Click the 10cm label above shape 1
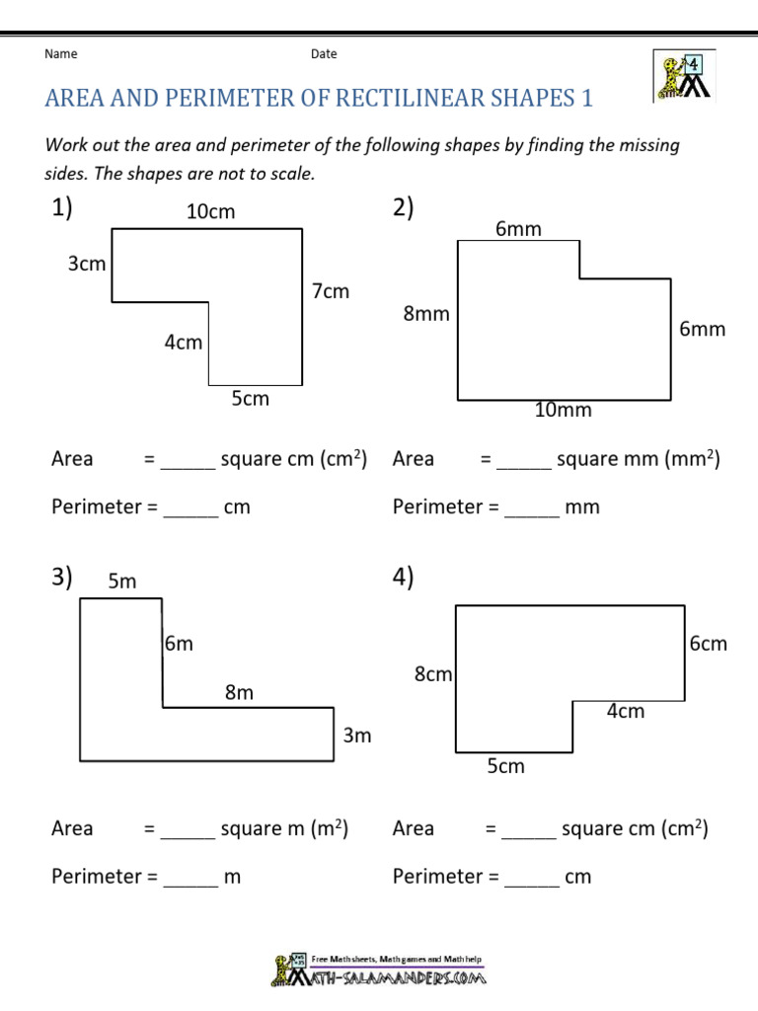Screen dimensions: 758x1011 211,211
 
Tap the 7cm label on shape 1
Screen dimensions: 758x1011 331,291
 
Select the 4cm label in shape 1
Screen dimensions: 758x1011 183,343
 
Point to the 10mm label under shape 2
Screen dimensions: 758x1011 563,411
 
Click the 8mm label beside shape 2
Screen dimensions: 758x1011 425,314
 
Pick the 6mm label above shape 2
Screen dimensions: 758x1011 518,229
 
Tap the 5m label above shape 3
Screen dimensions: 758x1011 122,582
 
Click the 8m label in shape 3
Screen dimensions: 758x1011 239,693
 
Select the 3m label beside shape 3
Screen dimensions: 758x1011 356,736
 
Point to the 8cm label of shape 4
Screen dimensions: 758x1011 433,675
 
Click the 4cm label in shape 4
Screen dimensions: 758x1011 625,711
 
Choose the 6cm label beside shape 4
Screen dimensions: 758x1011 708,644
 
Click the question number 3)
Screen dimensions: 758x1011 63,578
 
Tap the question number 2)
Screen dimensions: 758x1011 404,208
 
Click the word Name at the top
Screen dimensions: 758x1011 61,54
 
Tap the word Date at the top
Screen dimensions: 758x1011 324,54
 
